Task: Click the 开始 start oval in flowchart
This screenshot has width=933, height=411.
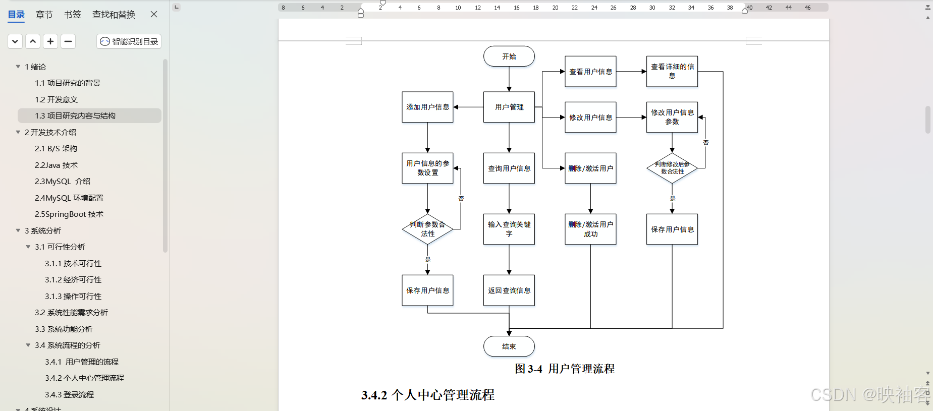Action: click(x=509, y=56)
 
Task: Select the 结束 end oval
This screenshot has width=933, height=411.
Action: click(x=509, y=346)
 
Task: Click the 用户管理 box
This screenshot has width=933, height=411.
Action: click(x=509, y=107)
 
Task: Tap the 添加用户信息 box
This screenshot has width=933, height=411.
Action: click(x=427, y=107)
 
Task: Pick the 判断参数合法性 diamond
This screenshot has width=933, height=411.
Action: click(x=427, y=229)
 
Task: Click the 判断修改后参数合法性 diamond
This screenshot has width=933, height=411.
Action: click(x=672, y=168)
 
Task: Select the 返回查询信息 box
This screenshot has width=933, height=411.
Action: click(x=509, y=290)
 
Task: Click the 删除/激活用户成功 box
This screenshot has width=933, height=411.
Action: click(x=590, y=229)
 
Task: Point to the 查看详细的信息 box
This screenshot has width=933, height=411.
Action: click(x=672, y=71)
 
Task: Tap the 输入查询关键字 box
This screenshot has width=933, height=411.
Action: click(x=509, y=229)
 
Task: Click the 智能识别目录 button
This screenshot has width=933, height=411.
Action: click(x=129, y=41)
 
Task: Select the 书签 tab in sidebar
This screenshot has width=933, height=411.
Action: click(x=73, y=15)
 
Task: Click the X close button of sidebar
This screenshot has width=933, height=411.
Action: click(x=154, y=14)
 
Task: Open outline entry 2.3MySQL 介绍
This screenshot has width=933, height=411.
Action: click(x=63, y=182)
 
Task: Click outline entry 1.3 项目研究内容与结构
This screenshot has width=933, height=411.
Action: click(x=75, y=116)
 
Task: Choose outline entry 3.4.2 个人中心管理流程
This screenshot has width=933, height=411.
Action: click(x=84, y=378)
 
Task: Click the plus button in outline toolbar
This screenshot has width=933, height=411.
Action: click(x=50, y=41)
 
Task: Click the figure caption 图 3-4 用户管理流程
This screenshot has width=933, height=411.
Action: click(x=564, y=369)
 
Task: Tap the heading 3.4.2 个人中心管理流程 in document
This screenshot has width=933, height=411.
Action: click(x=427, y=395)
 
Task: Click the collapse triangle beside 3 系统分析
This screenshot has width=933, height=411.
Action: click(x=18, y=230)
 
